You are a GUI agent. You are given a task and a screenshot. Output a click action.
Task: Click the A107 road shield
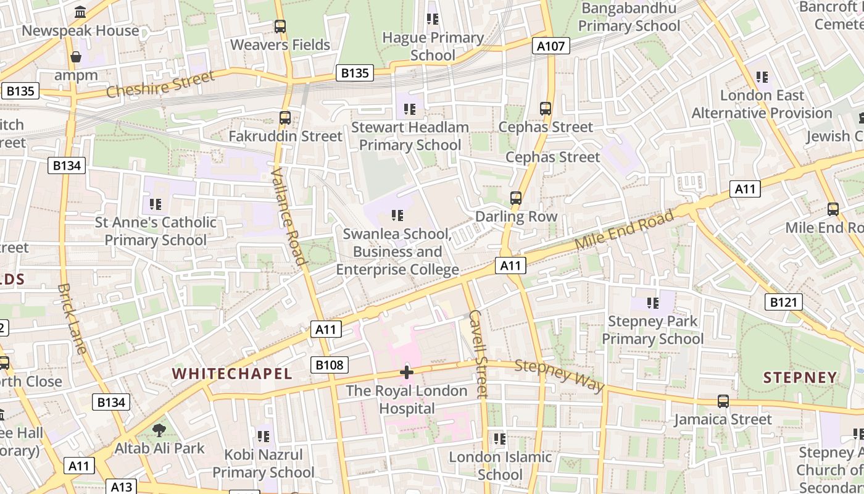(550, 46)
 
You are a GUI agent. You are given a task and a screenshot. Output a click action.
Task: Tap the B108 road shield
(329, 365)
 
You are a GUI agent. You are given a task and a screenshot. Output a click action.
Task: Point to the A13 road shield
(122, 487)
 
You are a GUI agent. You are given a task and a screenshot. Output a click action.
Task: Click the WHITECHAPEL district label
(232, 374)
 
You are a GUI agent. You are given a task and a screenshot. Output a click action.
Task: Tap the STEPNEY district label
(800, 377)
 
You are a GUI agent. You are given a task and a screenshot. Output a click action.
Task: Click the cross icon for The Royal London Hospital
(406, 372)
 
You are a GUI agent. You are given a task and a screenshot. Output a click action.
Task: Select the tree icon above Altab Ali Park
(159, 430)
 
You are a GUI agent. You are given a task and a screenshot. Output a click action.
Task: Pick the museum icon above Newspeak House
(80, 12)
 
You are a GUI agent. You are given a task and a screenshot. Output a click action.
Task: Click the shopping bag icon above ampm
(76, 57)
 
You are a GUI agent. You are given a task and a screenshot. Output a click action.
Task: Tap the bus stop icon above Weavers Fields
(280, 27)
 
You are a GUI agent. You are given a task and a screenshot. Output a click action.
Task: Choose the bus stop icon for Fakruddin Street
(285, 117)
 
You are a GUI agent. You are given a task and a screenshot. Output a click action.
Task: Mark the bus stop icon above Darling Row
(516, 198)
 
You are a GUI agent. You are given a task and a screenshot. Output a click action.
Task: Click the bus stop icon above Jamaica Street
(723, 401)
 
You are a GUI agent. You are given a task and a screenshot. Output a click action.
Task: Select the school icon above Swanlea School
(397, 216)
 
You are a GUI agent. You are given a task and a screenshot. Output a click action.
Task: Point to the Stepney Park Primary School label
(652, 330)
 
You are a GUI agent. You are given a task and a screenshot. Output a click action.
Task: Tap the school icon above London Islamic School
(500, 439)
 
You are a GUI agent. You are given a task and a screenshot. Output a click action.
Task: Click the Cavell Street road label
(478, 353)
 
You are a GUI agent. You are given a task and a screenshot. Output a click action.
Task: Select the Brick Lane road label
(72, 319)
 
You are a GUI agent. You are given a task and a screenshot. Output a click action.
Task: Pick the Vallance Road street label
(289, 216)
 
